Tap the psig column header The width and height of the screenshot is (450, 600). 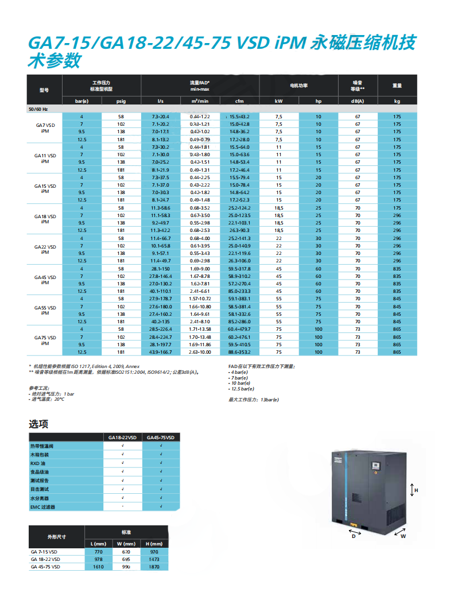click(x=121, y=101)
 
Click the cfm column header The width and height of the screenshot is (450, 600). click(x=239, y=101)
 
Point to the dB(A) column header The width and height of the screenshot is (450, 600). click(x=357, y=101)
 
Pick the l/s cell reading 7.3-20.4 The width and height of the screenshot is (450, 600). click(x=160, y=117)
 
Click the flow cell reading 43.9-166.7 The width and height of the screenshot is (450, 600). click(x=160, y=351)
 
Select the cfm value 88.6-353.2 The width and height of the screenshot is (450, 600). click(x=239, y=351)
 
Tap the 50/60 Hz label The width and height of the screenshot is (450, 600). click(x=38, y=109)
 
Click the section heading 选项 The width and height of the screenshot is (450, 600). click(x=38, y=424)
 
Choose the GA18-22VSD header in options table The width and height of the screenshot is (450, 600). click(x=123, y=438)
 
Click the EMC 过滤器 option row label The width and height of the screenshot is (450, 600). click(x=43, y=507)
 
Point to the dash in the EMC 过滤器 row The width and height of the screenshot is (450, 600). click(x=123, y=507)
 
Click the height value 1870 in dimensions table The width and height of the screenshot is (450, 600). click(x=153, y=567)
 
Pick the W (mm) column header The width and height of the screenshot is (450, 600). click(x=125, y=544)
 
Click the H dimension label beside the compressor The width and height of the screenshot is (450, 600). click(x=416, y=490)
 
